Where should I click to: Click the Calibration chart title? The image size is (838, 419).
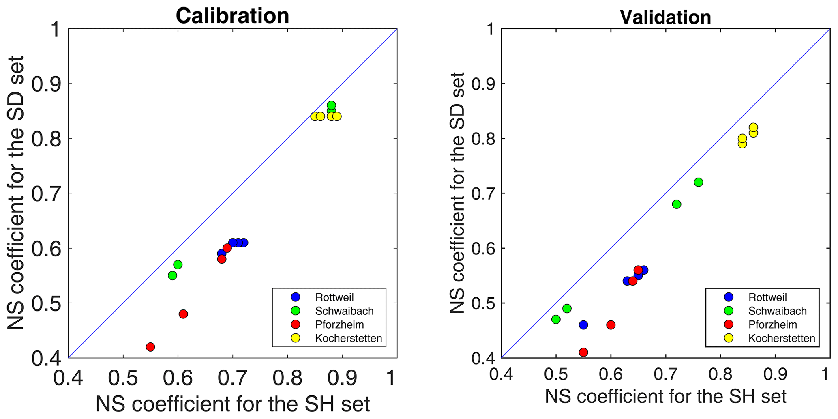pyautogui.click(x=232, y=16)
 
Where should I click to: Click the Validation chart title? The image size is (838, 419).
pyautogui.click(x=665, y=17)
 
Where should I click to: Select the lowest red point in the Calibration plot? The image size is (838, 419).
pyautogui.click(x=150, y=347)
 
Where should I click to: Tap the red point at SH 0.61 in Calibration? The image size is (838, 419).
pyautogui.click(x=183, y=314)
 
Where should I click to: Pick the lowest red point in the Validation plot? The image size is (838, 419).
pyautogui.click(x=583, y=352)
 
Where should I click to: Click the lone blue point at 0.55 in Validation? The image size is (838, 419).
pyautogui.click(x=583, y=325)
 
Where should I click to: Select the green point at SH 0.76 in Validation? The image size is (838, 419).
pyautogui.click(x=699, y=182)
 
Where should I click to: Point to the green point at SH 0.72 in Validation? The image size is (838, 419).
pyautogui.click(x=677, y=204)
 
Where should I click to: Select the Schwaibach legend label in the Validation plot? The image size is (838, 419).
pyautogui.click(x=777, y=311)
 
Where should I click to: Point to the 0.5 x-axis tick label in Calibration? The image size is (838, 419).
pyautogui.click(x=122, y=378)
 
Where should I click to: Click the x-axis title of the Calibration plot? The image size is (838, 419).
pyautogui.click(x=232, y=404)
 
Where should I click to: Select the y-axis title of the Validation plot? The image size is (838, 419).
pyautogui.click(x=458, y=193)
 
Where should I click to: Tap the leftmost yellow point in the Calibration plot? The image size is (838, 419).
pyautogui.click(x=315, y=116)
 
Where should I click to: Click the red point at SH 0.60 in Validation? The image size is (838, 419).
pyautogui.click(x=611, y=325)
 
